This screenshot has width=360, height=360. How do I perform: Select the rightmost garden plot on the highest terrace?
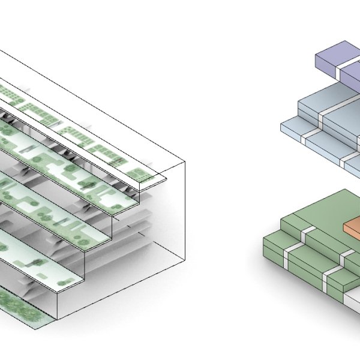click(139, 175)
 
